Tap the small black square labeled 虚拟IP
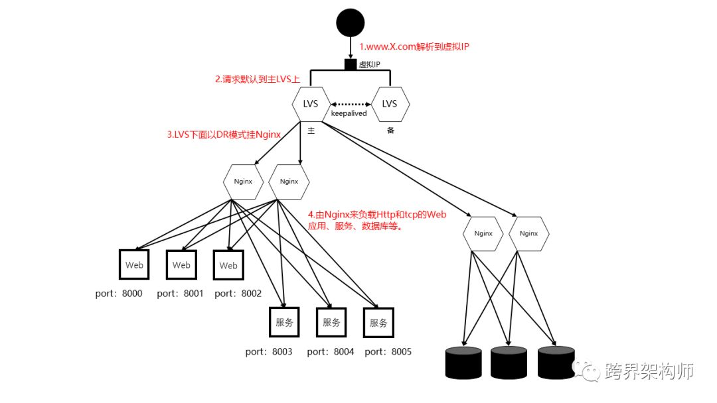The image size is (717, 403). click(351, 64)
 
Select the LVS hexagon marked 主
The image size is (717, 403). click(311, 103)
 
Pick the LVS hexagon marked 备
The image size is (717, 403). click(390, 103)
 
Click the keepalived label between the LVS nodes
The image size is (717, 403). click(349, 114)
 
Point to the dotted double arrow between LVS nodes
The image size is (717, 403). click(351, 104)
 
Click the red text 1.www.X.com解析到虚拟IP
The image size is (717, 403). click(414, 47)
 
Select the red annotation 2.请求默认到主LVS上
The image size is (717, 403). click(257, 79)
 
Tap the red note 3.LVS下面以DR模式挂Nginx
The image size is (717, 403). click(222, 134)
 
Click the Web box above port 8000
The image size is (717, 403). click(134, 265)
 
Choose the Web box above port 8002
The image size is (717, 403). click(228, 265)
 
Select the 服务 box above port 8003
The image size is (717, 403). click(284, 323)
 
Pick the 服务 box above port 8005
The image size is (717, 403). click(378, 323)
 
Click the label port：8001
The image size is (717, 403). click(181, 294)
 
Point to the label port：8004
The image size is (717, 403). click(331, 351)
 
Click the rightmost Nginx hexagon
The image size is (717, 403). click(528, 233)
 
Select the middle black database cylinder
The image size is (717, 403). click(509, 362)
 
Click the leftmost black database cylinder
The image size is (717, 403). click(462, 362)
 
